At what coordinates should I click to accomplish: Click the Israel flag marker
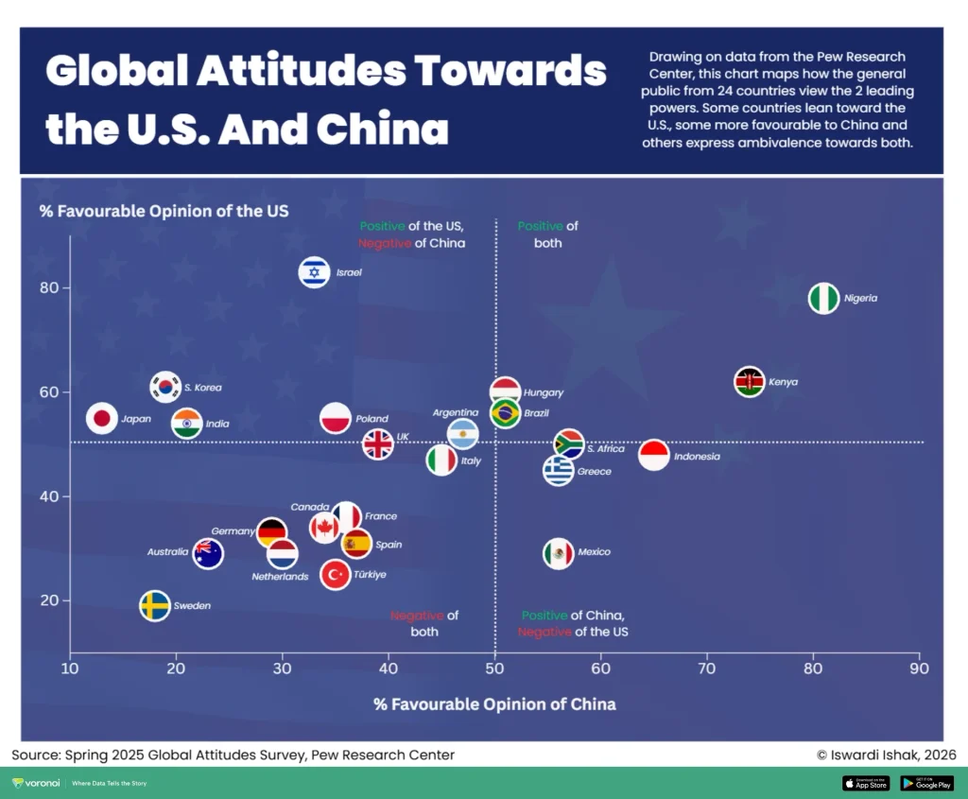[314, 272]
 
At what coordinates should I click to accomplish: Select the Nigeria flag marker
[824, 298]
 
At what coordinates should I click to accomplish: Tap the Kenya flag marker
[750, 382]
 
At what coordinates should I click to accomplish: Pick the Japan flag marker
[102, 418]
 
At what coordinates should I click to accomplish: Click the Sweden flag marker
[155, 606]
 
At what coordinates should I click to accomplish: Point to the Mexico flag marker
[559, 553]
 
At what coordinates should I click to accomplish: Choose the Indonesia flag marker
[654, 456]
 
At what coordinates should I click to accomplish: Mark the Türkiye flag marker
[336, 574]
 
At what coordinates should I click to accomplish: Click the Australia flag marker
[208, 553]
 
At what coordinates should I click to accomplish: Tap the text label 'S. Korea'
[202, 388]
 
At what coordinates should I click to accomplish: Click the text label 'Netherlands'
[280, 577]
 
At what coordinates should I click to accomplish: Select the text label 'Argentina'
[455, 413]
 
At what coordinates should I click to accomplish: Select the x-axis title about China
[494, 704]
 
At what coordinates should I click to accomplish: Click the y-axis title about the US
[164, 211]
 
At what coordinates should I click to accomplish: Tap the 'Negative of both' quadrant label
[423, 623]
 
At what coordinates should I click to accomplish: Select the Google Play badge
[926, 783]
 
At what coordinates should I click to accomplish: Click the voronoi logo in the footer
[38, 783]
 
